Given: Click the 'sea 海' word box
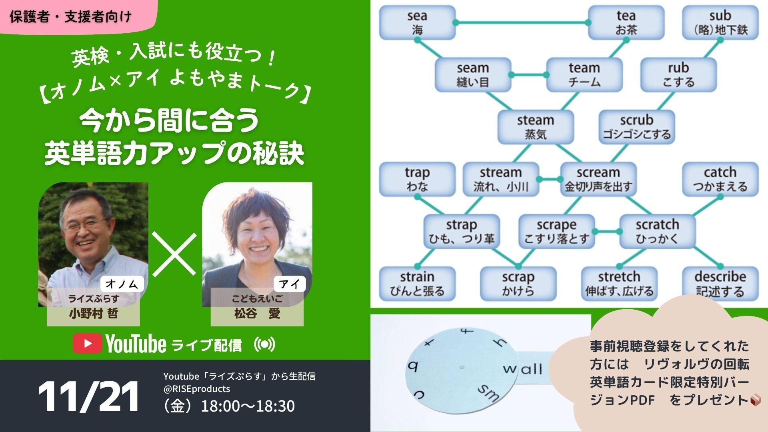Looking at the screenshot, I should pyautogui.click(x=417, y=23).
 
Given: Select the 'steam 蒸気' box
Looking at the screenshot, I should pyautogui.click(x=535, y=127).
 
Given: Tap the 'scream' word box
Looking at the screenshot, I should pyautogui.click(x=598, y=180).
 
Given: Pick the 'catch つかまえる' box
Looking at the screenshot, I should pyautogui.click(x=720, y=180).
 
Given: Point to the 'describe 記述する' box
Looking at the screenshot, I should pyautogui.click(x=720, y=284).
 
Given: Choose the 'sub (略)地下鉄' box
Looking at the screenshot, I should pyautogui.click(x=720, y=23).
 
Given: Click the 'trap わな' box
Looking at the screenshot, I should pyautogui.click(x=417, y=180).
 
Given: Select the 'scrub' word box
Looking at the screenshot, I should pyautogui.click(x=636, y=127).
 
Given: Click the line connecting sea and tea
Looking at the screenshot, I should pyautogui.click(x=522, y=23).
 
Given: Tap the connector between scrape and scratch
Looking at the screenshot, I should pyautogui.click(x=607, y=232).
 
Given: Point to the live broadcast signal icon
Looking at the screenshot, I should pyautogui.click(x=265, y=344).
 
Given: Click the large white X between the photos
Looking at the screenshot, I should pyautogui.click(x=174, y=255).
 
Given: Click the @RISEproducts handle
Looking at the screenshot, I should pyautogui.click(x=196, y=389).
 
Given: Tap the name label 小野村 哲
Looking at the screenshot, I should pyautogui.click(x=93, y=314).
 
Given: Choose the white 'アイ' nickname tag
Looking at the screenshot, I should pyautogui.click(x=289, y=284).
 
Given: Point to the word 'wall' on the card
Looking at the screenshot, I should pyautogui.click(x=522, y=368).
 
